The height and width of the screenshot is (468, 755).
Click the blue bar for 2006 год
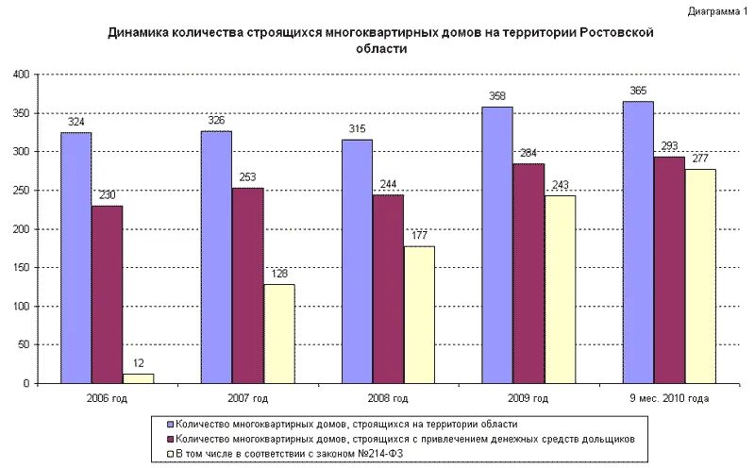click(x=76, y=258)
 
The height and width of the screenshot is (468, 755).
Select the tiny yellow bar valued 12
click(x=139, y=378)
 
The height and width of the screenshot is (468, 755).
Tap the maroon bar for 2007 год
click(x=247, y=285)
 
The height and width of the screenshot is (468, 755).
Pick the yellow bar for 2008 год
click(x=419, y=314)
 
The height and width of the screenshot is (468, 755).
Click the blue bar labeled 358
click(x=497, y=244)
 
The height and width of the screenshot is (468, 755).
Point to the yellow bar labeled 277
click(x=700, y=276)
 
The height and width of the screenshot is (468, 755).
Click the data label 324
click(x=76, y=123)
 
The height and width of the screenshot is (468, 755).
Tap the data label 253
click(x=247, y=177)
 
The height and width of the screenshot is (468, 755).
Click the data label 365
click(x=638, y=91)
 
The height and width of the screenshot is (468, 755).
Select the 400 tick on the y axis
click(x=23, y=75)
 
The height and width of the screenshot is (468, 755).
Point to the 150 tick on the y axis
click(x=23, y=268)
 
